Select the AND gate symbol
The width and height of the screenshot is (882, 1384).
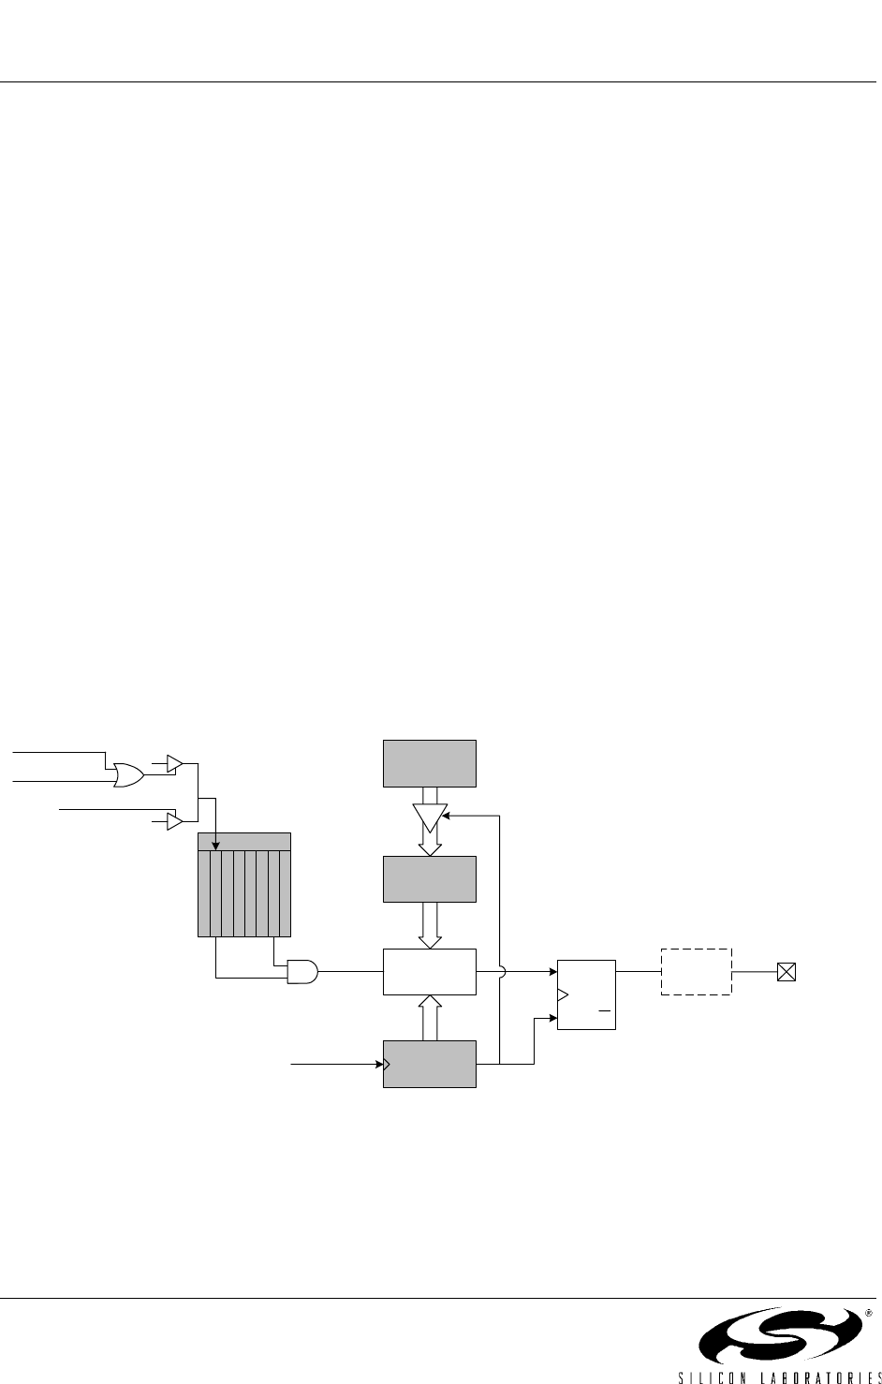click(302, 972)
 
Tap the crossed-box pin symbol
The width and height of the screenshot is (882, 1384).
click(786, 972)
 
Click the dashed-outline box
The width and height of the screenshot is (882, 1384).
click(696, 972)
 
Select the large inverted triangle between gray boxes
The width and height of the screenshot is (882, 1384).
click(429, 817)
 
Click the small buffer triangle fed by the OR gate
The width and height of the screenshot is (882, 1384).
click(173, 764)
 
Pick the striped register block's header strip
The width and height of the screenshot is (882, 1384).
click(244, 841)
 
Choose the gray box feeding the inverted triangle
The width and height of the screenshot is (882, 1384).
click(430, 763)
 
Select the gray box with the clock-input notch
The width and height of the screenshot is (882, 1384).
click(430, 1064)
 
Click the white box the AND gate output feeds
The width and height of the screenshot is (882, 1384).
click(430, 972)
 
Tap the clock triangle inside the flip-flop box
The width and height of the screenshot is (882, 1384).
click(562, 994)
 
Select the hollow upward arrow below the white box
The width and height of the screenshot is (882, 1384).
click(430, 1017)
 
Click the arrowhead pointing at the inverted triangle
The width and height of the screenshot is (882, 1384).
click(448, 816)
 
